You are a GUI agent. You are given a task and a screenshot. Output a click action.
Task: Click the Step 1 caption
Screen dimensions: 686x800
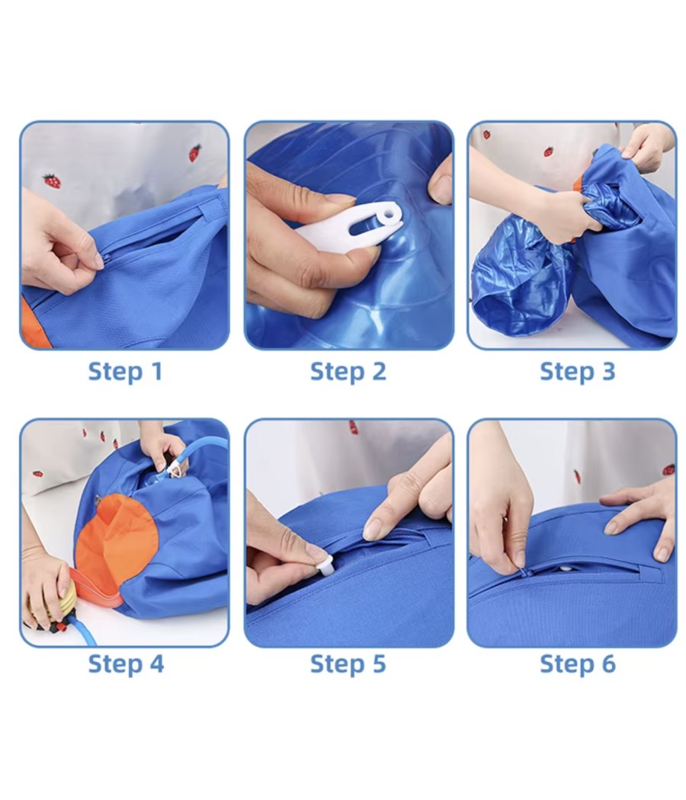pyautogui.click(x=125, y=371)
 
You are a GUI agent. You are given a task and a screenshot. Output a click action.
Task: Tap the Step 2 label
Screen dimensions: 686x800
pyautogui.click(x=348, y=371)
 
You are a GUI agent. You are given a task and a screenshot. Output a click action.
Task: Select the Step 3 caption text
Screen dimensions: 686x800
pyautogui.click(x=577, y=371)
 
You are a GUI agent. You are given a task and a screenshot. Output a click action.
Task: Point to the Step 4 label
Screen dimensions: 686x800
pyautogui.click(x=126, y=664)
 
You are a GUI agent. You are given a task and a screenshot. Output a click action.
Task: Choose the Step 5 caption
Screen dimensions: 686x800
pyautogui.click(x=348, y=664)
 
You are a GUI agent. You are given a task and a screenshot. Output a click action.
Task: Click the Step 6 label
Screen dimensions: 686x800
pyautogui.click(x=578, y=664)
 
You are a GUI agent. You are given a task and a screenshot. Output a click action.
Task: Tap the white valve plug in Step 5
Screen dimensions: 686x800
pyautogui.click(x=324, y=565)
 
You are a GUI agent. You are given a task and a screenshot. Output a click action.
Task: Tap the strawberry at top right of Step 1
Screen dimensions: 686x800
pyautogui.click(x=194, y=152)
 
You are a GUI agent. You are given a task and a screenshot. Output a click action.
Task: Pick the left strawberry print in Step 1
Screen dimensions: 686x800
pyautogui.click(x=52, y=181)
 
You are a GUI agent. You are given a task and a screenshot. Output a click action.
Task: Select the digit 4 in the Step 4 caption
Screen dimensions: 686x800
pyautogui.click(x=157, y=664)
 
